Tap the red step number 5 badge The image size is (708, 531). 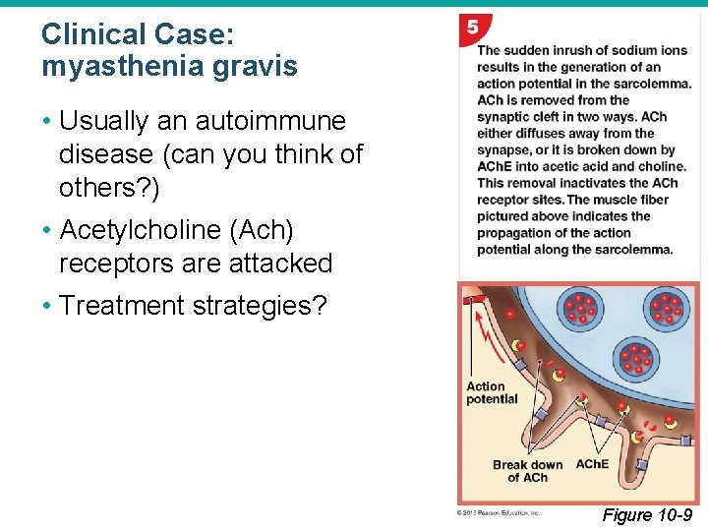(x=473, y=29)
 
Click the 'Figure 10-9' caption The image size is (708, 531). (x=647, y=515)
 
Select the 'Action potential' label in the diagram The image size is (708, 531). (x=491, y=392)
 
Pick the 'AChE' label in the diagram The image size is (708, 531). (x=592, y=464)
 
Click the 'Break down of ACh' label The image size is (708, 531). (x=528, y=471)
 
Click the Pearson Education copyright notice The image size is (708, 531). (x=499, y=512)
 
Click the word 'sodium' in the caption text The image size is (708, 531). (x=610, y=50)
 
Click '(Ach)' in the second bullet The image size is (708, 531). (x=261, y=230)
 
